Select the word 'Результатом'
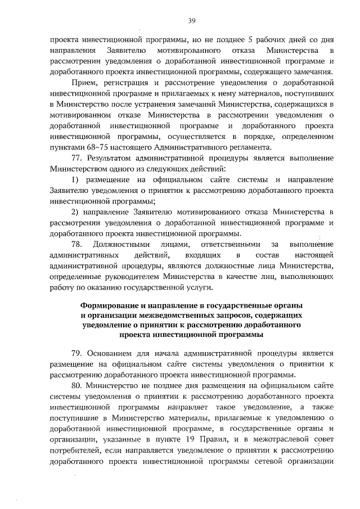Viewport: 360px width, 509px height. pos(114,157)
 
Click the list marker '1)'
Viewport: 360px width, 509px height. pos(76,179)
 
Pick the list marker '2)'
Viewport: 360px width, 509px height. pos(76,211)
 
